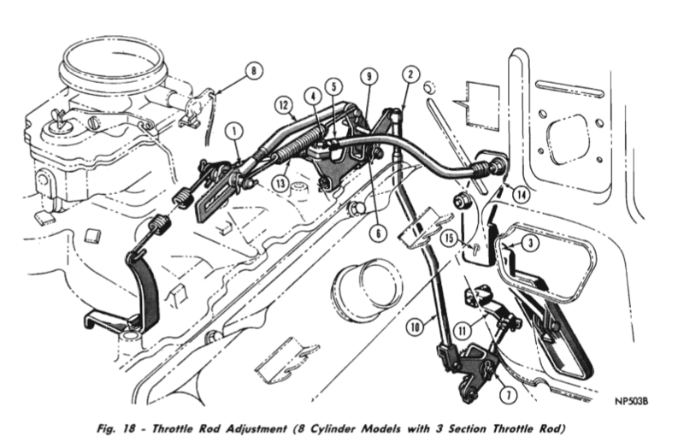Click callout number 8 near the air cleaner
pyautogui.click(x=254, y=71)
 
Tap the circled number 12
pyautogui.click(x=284, y=105)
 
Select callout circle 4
pyautogui.click(x=313, y=97)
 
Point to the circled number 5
pyautogui.click(x=333, y=86)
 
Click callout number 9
pyautogui.click(x=369, y=77)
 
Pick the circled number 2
pyautogui.click(x=410, y=74)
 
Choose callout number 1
pyautogui.click(x=234, y=131)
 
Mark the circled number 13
pyautogui.click(x=280, y=184)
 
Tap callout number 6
pyautogui.click(x=378, y=233)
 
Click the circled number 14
pyautogui.click(x=522, y=195)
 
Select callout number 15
pyautogui.click(x=450, y=239)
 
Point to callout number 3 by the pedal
pyautogui.click(x=530, y=243)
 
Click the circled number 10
pyautogui.click(x=415, y=327)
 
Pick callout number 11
pyautogui.click(x=463, y=331)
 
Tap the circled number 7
pyautogui.click(x=508, y=395)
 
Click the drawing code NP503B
pyautogui.click(x=631, y=402)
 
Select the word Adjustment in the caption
pyautogui.click(x=256, y=429)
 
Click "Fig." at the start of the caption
pyautogui.click(x=106, y=429)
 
